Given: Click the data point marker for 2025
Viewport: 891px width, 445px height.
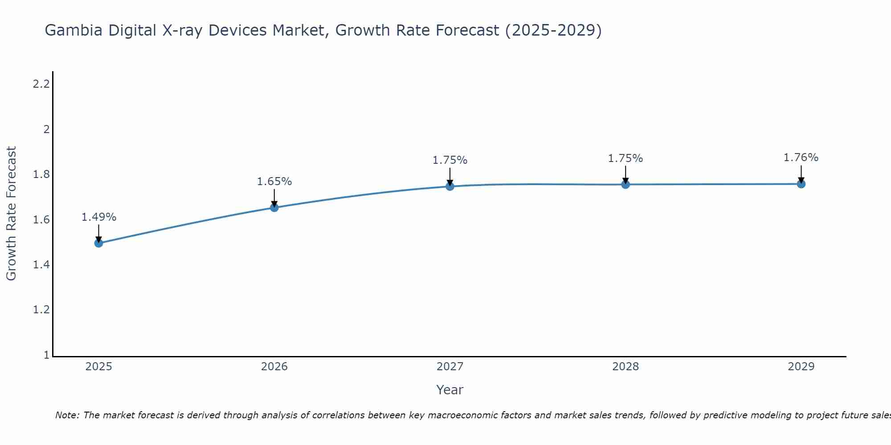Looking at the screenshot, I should coord(99,243).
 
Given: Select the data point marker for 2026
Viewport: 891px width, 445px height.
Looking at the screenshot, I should coord(274,207).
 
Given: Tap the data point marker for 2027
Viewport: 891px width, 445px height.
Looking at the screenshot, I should coord(450,186).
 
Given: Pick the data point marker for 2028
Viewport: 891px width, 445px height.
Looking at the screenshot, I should coord(625,184).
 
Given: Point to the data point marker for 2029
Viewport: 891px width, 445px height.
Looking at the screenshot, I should coord(801,184).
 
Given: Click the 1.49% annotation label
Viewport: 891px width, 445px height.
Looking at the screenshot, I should coord(99,217).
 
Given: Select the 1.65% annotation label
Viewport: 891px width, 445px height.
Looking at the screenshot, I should coord(274,182).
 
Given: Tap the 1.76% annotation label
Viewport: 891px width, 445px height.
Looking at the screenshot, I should coord(801,158).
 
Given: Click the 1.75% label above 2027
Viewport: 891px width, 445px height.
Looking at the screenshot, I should coord(450,160).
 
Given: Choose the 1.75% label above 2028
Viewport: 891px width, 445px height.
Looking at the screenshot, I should coord(625,158).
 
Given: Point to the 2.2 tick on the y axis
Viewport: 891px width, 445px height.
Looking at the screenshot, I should coord(41,84).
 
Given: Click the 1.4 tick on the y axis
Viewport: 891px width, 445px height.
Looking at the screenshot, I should coord(41,265).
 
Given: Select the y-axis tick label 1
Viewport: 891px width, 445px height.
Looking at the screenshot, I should coord(46,355).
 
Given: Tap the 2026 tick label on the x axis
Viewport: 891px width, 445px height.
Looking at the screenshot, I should coord(274,367).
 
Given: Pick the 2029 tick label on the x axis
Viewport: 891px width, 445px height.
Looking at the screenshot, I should coord(801,367).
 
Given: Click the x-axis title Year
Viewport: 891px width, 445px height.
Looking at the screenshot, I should coord(450,390).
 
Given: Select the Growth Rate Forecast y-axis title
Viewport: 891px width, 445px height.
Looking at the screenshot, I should coord(11,214).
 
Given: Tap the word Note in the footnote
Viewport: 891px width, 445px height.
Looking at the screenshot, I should coord(67,415).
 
